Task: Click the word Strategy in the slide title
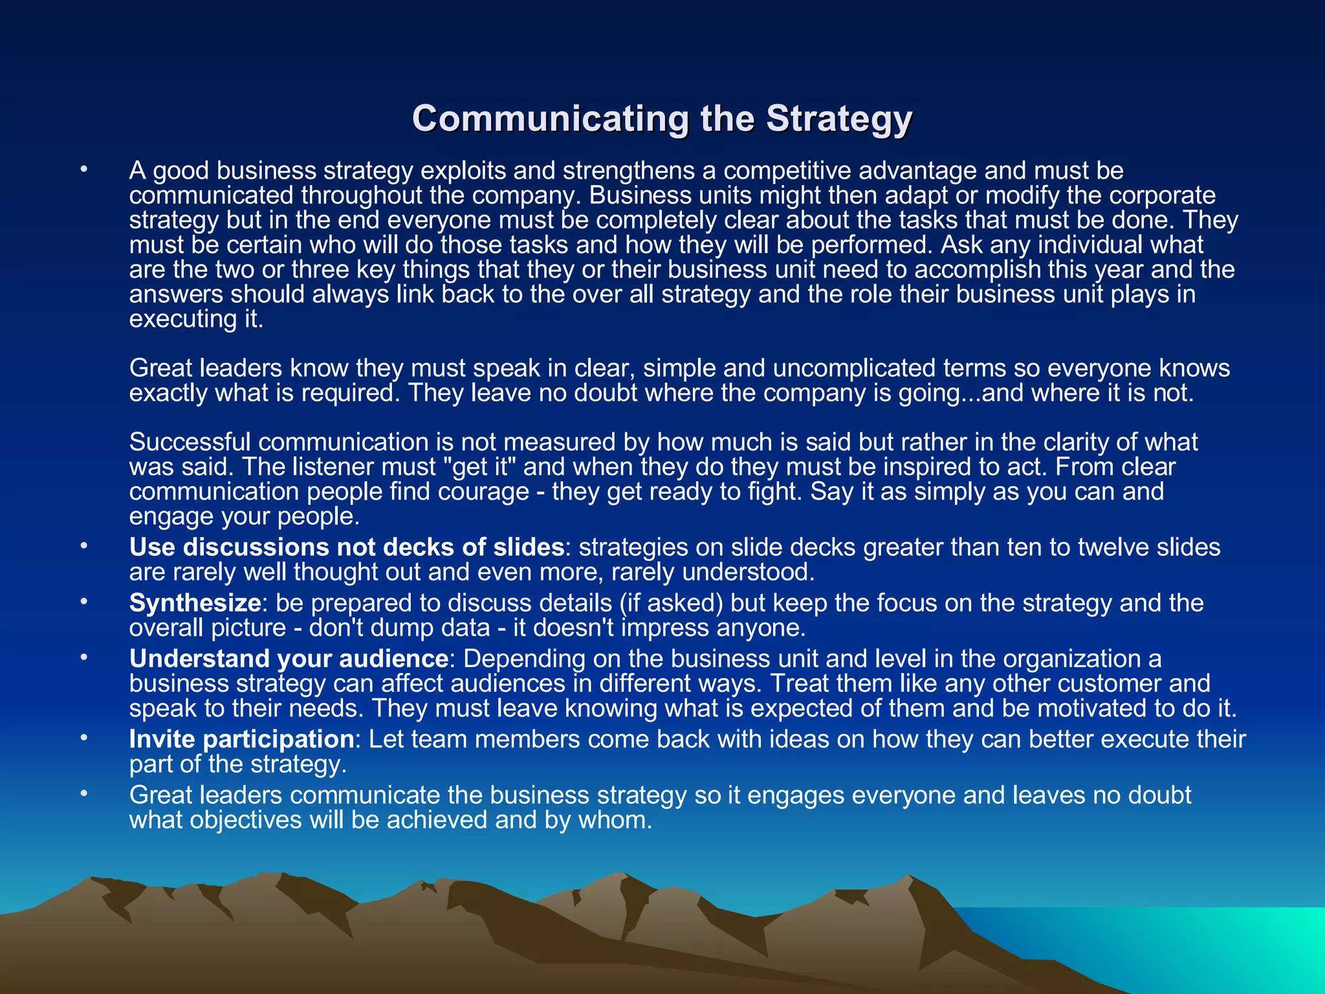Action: pos(838,119)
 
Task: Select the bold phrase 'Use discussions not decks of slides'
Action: pos(347,547)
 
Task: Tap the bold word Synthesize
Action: pos(195,603)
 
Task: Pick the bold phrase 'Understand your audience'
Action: pos(289,659)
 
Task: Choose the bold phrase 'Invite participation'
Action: pos(241,739)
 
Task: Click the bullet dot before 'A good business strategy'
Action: pos(83,170)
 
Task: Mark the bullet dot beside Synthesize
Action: pos(83,602)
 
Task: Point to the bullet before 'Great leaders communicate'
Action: pos(83,794)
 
